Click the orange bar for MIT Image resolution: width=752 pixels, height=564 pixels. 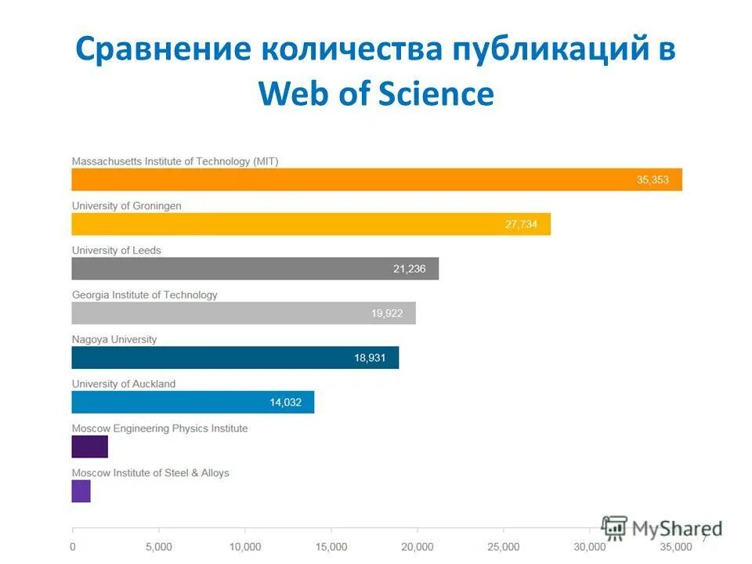tap(376, 179)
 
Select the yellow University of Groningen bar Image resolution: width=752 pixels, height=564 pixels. tap(311, 224)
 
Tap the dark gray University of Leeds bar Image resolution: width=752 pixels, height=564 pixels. tap(255, 269)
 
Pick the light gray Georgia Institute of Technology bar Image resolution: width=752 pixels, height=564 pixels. tap(243, 313)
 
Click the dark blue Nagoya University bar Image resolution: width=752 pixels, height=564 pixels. tap(235, 358)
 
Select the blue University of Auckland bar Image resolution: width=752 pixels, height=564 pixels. tap(192, 403)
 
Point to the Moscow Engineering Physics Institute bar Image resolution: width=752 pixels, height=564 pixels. tap(89, 446)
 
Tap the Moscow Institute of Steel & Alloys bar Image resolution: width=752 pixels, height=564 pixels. tap(81, 491)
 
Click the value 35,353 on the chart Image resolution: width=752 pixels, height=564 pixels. tap(653, 180)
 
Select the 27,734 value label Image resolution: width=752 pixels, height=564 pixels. tap(521, 225)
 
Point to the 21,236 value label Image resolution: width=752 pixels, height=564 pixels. tap(409, 269)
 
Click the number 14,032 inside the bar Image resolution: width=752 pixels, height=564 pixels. tap(285, 403)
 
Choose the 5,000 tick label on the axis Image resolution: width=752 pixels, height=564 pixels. tap(158, 546)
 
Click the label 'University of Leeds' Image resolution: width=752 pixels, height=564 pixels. tap(116, 251)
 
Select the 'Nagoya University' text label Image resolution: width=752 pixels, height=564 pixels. tap(114, 339)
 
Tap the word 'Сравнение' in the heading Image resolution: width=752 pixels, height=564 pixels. tap(162, 50)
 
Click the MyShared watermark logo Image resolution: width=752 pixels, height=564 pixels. tap(662, 527)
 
